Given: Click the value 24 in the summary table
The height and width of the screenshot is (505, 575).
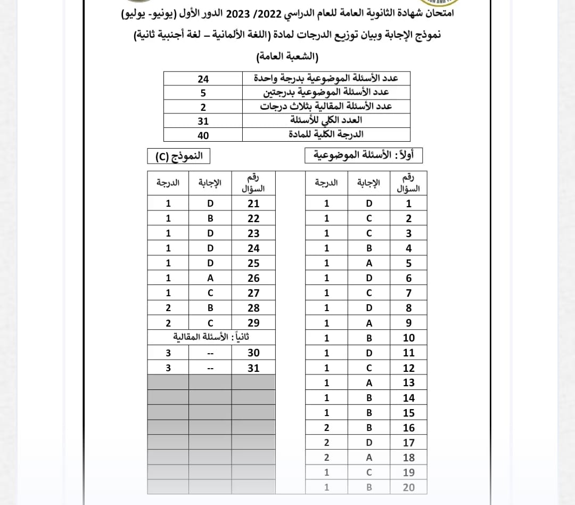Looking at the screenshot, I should pyautogui.click(x=203, y=79).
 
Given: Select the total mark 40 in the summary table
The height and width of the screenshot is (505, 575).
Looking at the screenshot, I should pyautogui.click(x=203, y=135).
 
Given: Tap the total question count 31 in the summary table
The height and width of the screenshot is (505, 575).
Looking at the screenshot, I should pyautogui.click(x=203, y=121).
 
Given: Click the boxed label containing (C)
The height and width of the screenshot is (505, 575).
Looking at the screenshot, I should pyautogui.click(x=179, y=157).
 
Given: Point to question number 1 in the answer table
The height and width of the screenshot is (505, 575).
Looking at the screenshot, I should pyautogui.click(x=409, y=203).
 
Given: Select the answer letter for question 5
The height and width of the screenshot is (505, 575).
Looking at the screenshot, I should pyautogui.click(x=369, y=263).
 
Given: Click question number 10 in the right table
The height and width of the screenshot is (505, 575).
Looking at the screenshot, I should pyautogui.click(x=409, y=338).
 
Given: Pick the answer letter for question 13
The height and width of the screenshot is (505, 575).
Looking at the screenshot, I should pyautogui.click(x=369, y=382).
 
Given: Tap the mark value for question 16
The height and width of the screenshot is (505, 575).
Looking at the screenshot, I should pyautogui.click(x=326, y=428).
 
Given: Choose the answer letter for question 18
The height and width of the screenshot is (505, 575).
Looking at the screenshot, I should pyautogui.click(x=369, y=458).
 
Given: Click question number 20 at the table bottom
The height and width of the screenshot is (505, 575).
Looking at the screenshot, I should pyautogui.click(x=409, y=487).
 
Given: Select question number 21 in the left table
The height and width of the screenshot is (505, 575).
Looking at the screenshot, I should pyautogui.click(x=253, y=203).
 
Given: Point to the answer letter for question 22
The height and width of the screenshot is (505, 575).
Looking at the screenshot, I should pyautogui.click(x=210, y=218).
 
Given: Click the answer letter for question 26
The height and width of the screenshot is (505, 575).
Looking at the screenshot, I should pyautogui.click(x=210, y=278).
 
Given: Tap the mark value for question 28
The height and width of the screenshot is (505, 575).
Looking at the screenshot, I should pyautogui.click(x=168, y=308).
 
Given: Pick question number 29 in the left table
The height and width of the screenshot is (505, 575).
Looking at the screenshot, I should pyautogui.click(x=253, y=323).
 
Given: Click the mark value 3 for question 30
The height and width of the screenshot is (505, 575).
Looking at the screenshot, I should pyautogui.click(x=168, y=353).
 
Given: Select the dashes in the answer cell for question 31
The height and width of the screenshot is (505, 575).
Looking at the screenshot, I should pyautogui.click(x=210, y=368).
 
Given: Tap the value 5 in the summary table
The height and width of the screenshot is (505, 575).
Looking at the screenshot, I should pyautogui.click(x=203, y=93).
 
